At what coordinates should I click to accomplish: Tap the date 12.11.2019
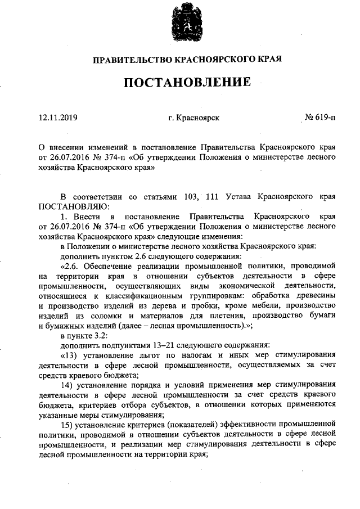(x=58, y=118)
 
